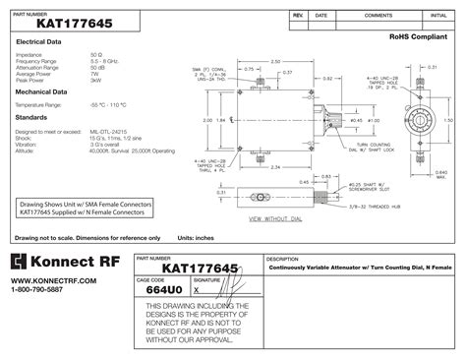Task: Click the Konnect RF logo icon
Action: coord(21,262)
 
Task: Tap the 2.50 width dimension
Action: coord(274,61)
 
